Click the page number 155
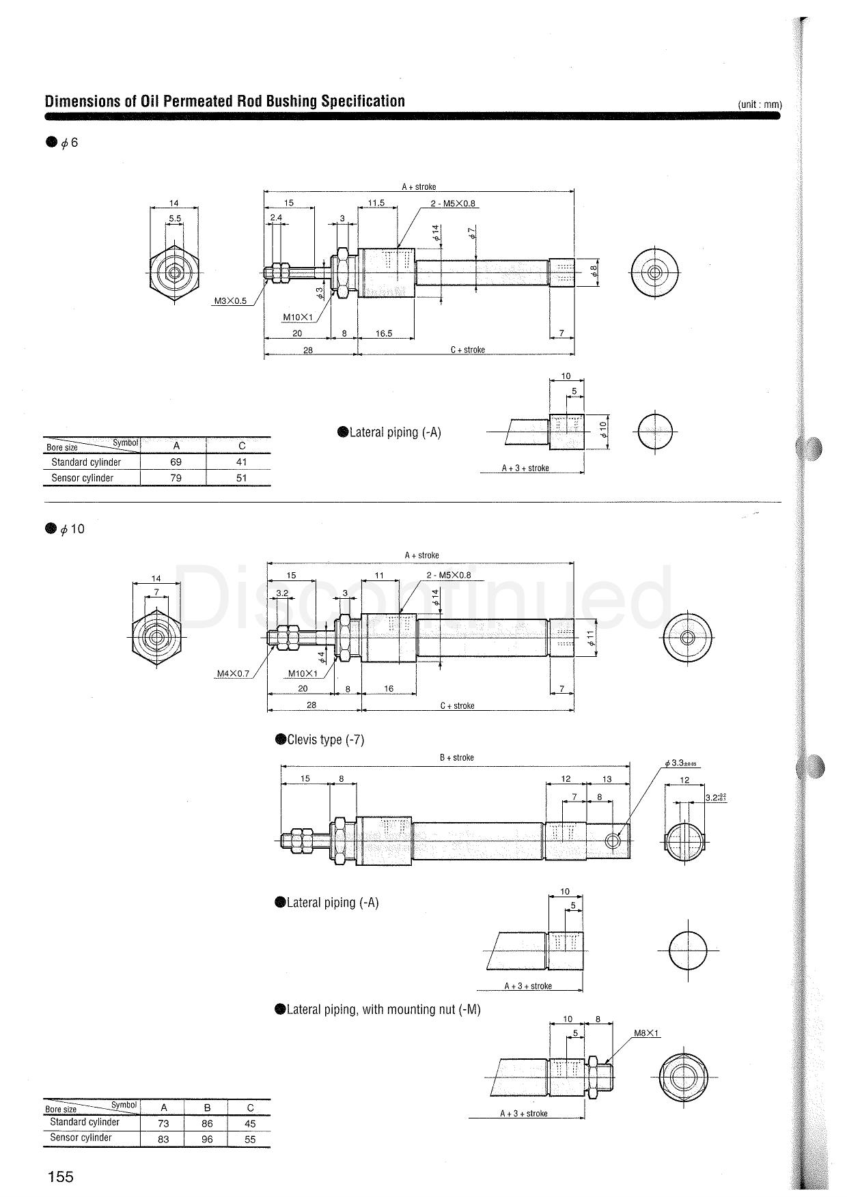(60, 1177)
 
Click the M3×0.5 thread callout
(230, 301)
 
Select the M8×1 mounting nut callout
(646, 1033)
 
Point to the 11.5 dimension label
(376, 203)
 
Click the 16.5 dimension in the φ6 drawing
(384, 333)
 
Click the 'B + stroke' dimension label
(456, 757)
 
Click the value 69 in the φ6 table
(176, 462)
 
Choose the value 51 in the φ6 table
(241, 478)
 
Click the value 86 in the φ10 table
(207, 1123)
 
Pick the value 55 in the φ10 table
(250, 1139)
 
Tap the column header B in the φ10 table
(207, 1108)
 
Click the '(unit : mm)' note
(759, 104)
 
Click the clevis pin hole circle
(613, 841)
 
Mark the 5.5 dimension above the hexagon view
(175, 219)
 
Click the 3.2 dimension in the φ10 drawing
(281, 593)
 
